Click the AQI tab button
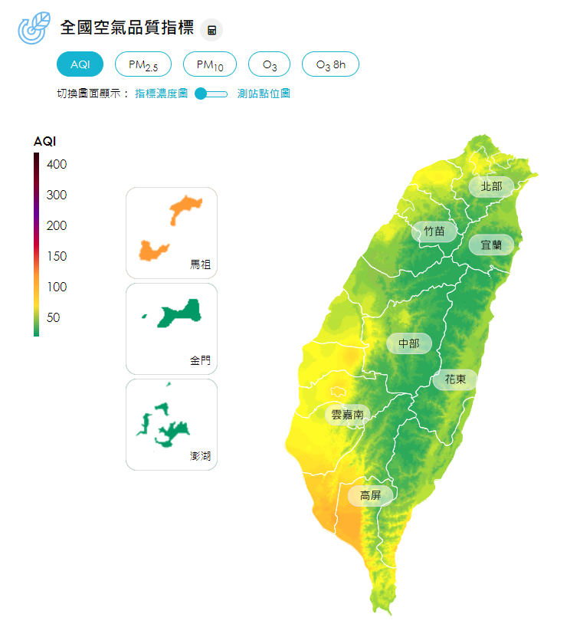click(80, 65)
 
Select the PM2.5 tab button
click(143, 65)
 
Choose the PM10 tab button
click(210, 65)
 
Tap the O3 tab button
click(270, 65)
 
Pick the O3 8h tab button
click(330, 65)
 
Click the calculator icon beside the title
click(211, 31)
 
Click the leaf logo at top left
click(34, 28)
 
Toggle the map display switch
click(211, 94)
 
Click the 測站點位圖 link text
click(264, 94)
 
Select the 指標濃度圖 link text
click(162, 94)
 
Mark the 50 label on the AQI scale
click(54, 317)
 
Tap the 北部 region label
click(491, 186)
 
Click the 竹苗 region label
click(434, 231)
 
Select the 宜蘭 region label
click(491, 245)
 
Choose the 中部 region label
click(408, 343)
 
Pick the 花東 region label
click(455, 379)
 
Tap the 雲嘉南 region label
click(348, 415)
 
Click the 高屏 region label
click(371, 495)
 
